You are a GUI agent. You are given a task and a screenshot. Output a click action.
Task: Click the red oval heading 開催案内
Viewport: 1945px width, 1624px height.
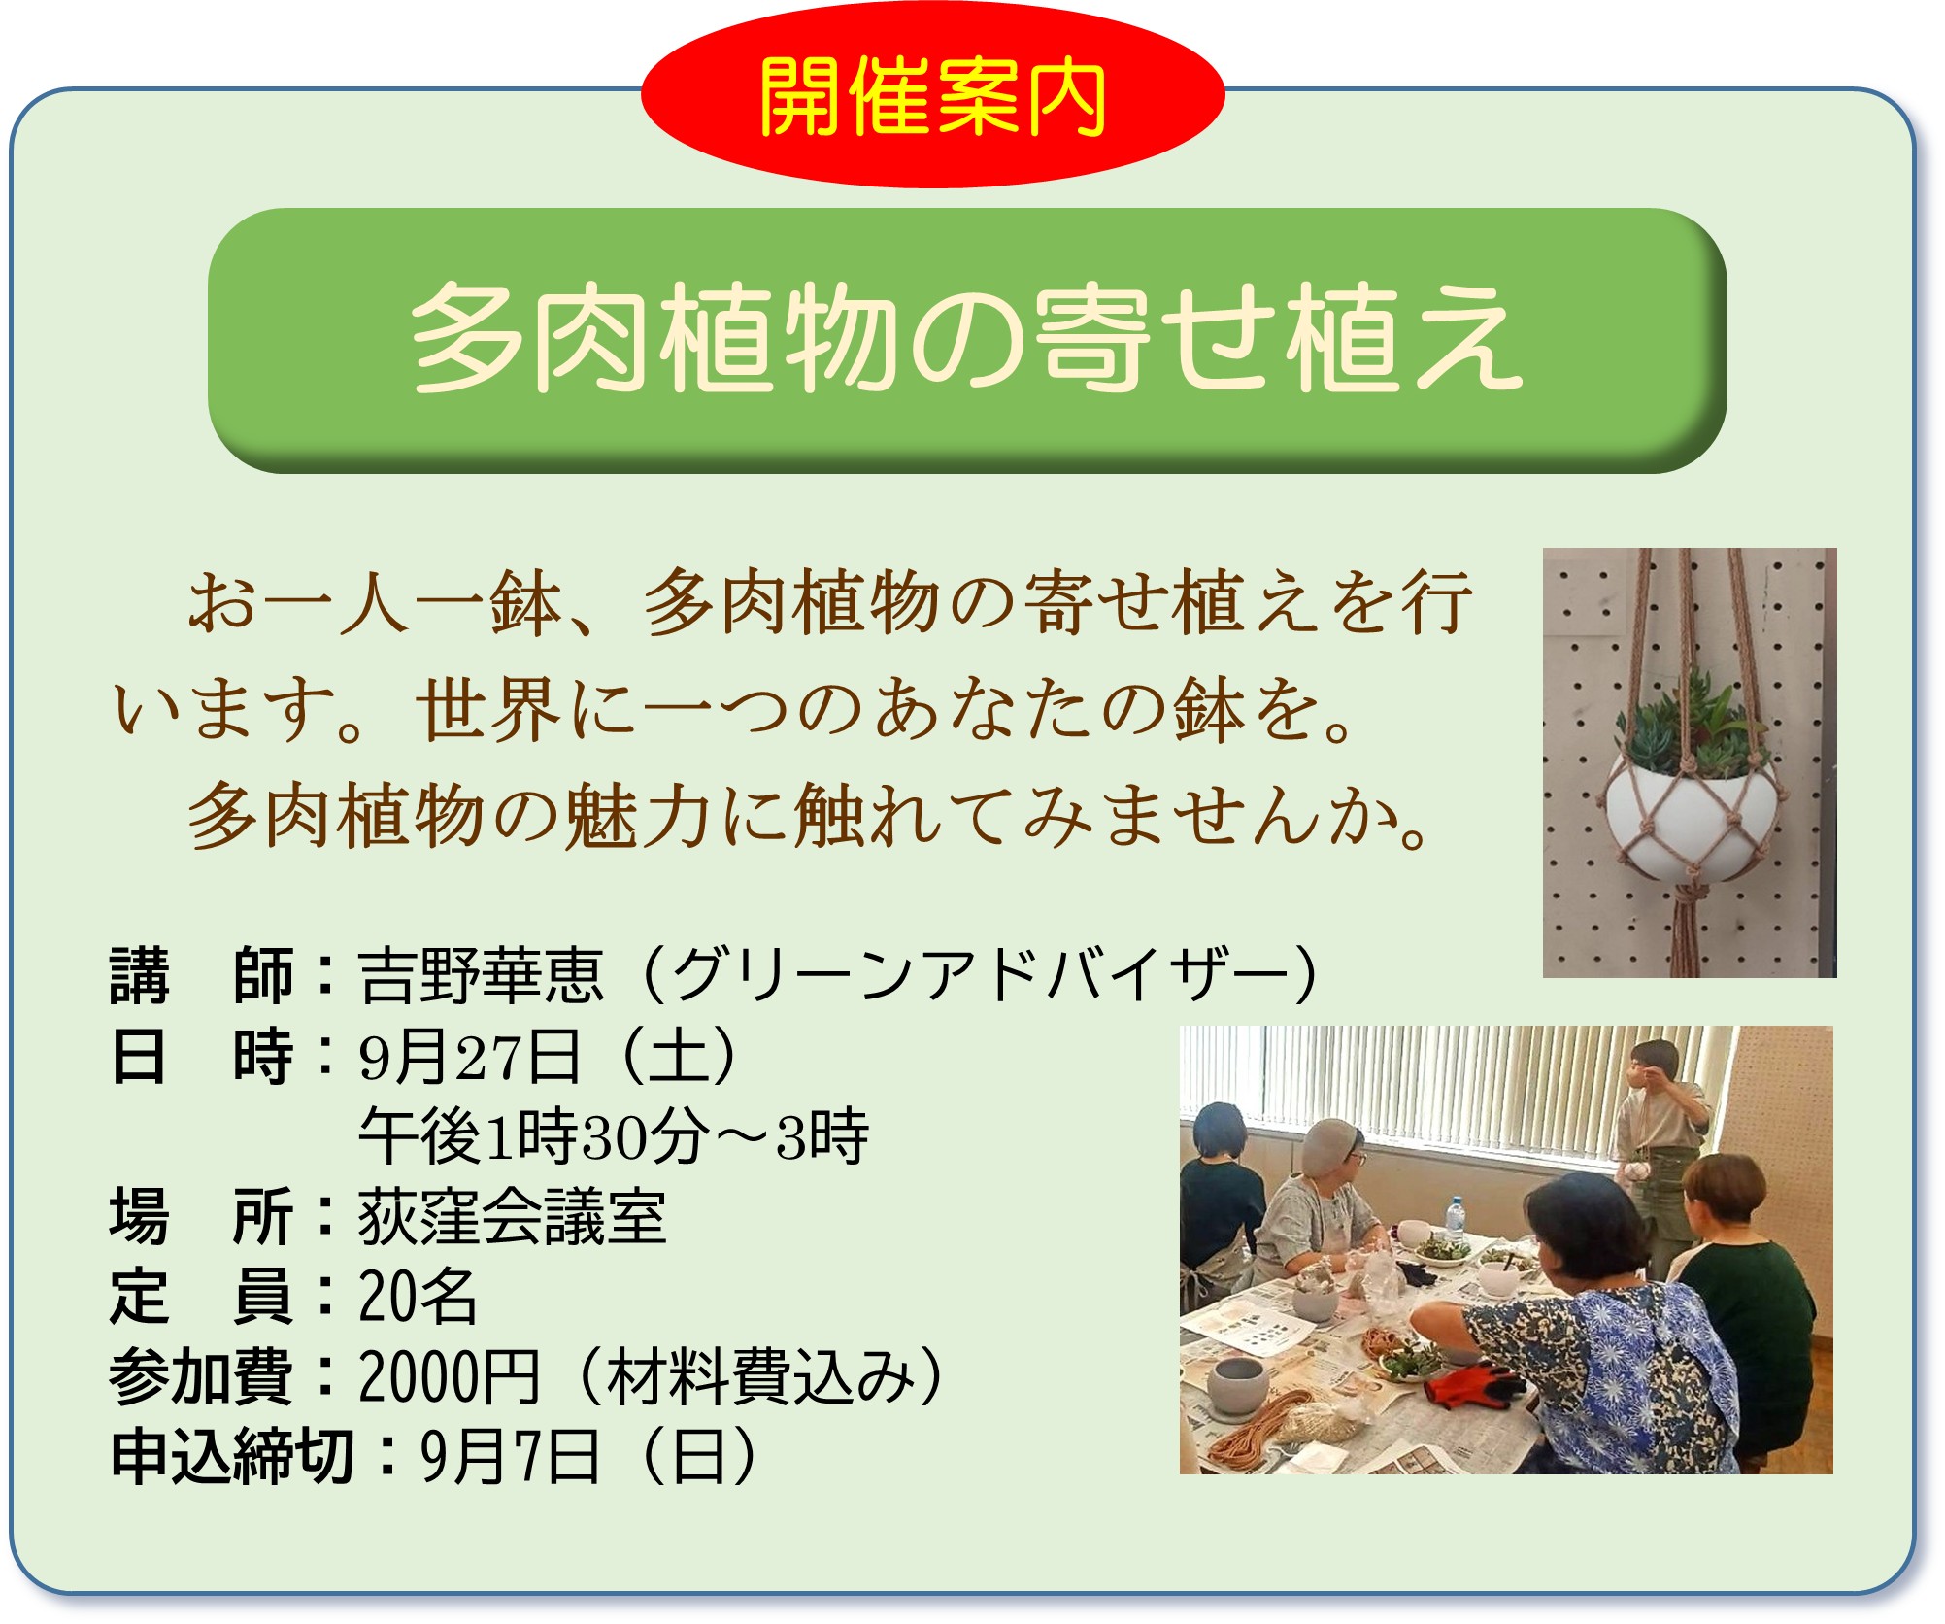pos(932,95)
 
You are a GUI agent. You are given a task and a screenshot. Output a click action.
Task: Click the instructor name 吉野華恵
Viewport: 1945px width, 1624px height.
pos(481,975)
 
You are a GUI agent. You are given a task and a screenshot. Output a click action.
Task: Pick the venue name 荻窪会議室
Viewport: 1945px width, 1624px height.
pos(512,1217)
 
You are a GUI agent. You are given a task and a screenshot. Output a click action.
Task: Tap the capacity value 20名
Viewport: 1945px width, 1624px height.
pos(418,1297)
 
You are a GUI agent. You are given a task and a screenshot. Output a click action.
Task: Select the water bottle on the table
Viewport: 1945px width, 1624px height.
pos(1455,1221)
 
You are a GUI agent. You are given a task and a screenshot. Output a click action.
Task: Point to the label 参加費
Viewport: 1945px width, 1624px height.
pos(201,1377)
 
